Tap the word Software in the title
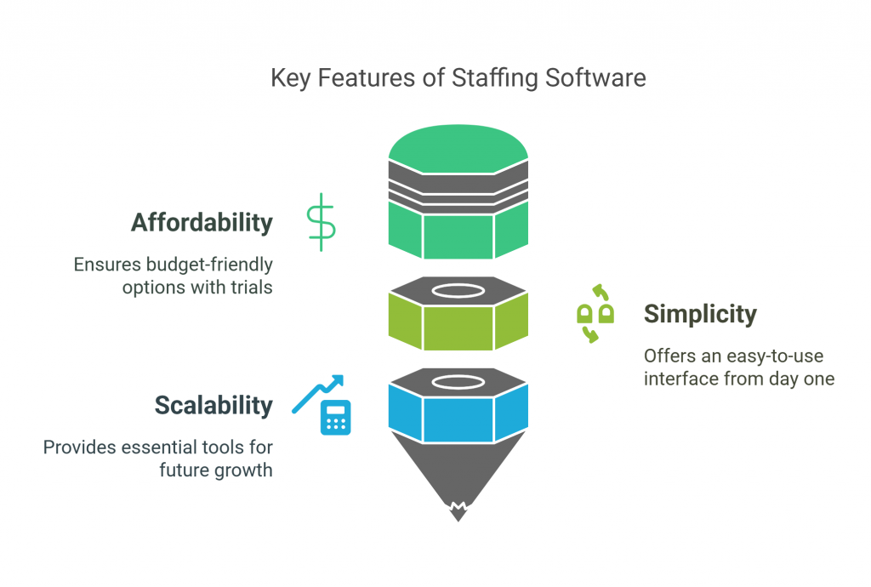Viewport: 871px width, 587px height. coord(595,78)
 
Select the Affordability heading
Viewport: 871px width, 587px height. coord(202,223)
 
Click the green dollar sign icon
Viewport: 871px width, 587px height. coord(322,222)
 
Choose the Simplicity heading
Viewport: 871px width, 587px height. coord(700,314)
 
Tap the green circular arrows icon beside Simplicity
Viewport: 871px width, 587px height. coord(595,314)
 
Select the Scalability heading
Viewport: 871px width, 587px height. coord(213,406)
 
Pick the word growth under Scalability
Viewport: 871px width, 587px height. coord(247,469)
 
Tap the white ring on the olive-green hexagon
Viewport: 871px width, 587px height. coord(458,290)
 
